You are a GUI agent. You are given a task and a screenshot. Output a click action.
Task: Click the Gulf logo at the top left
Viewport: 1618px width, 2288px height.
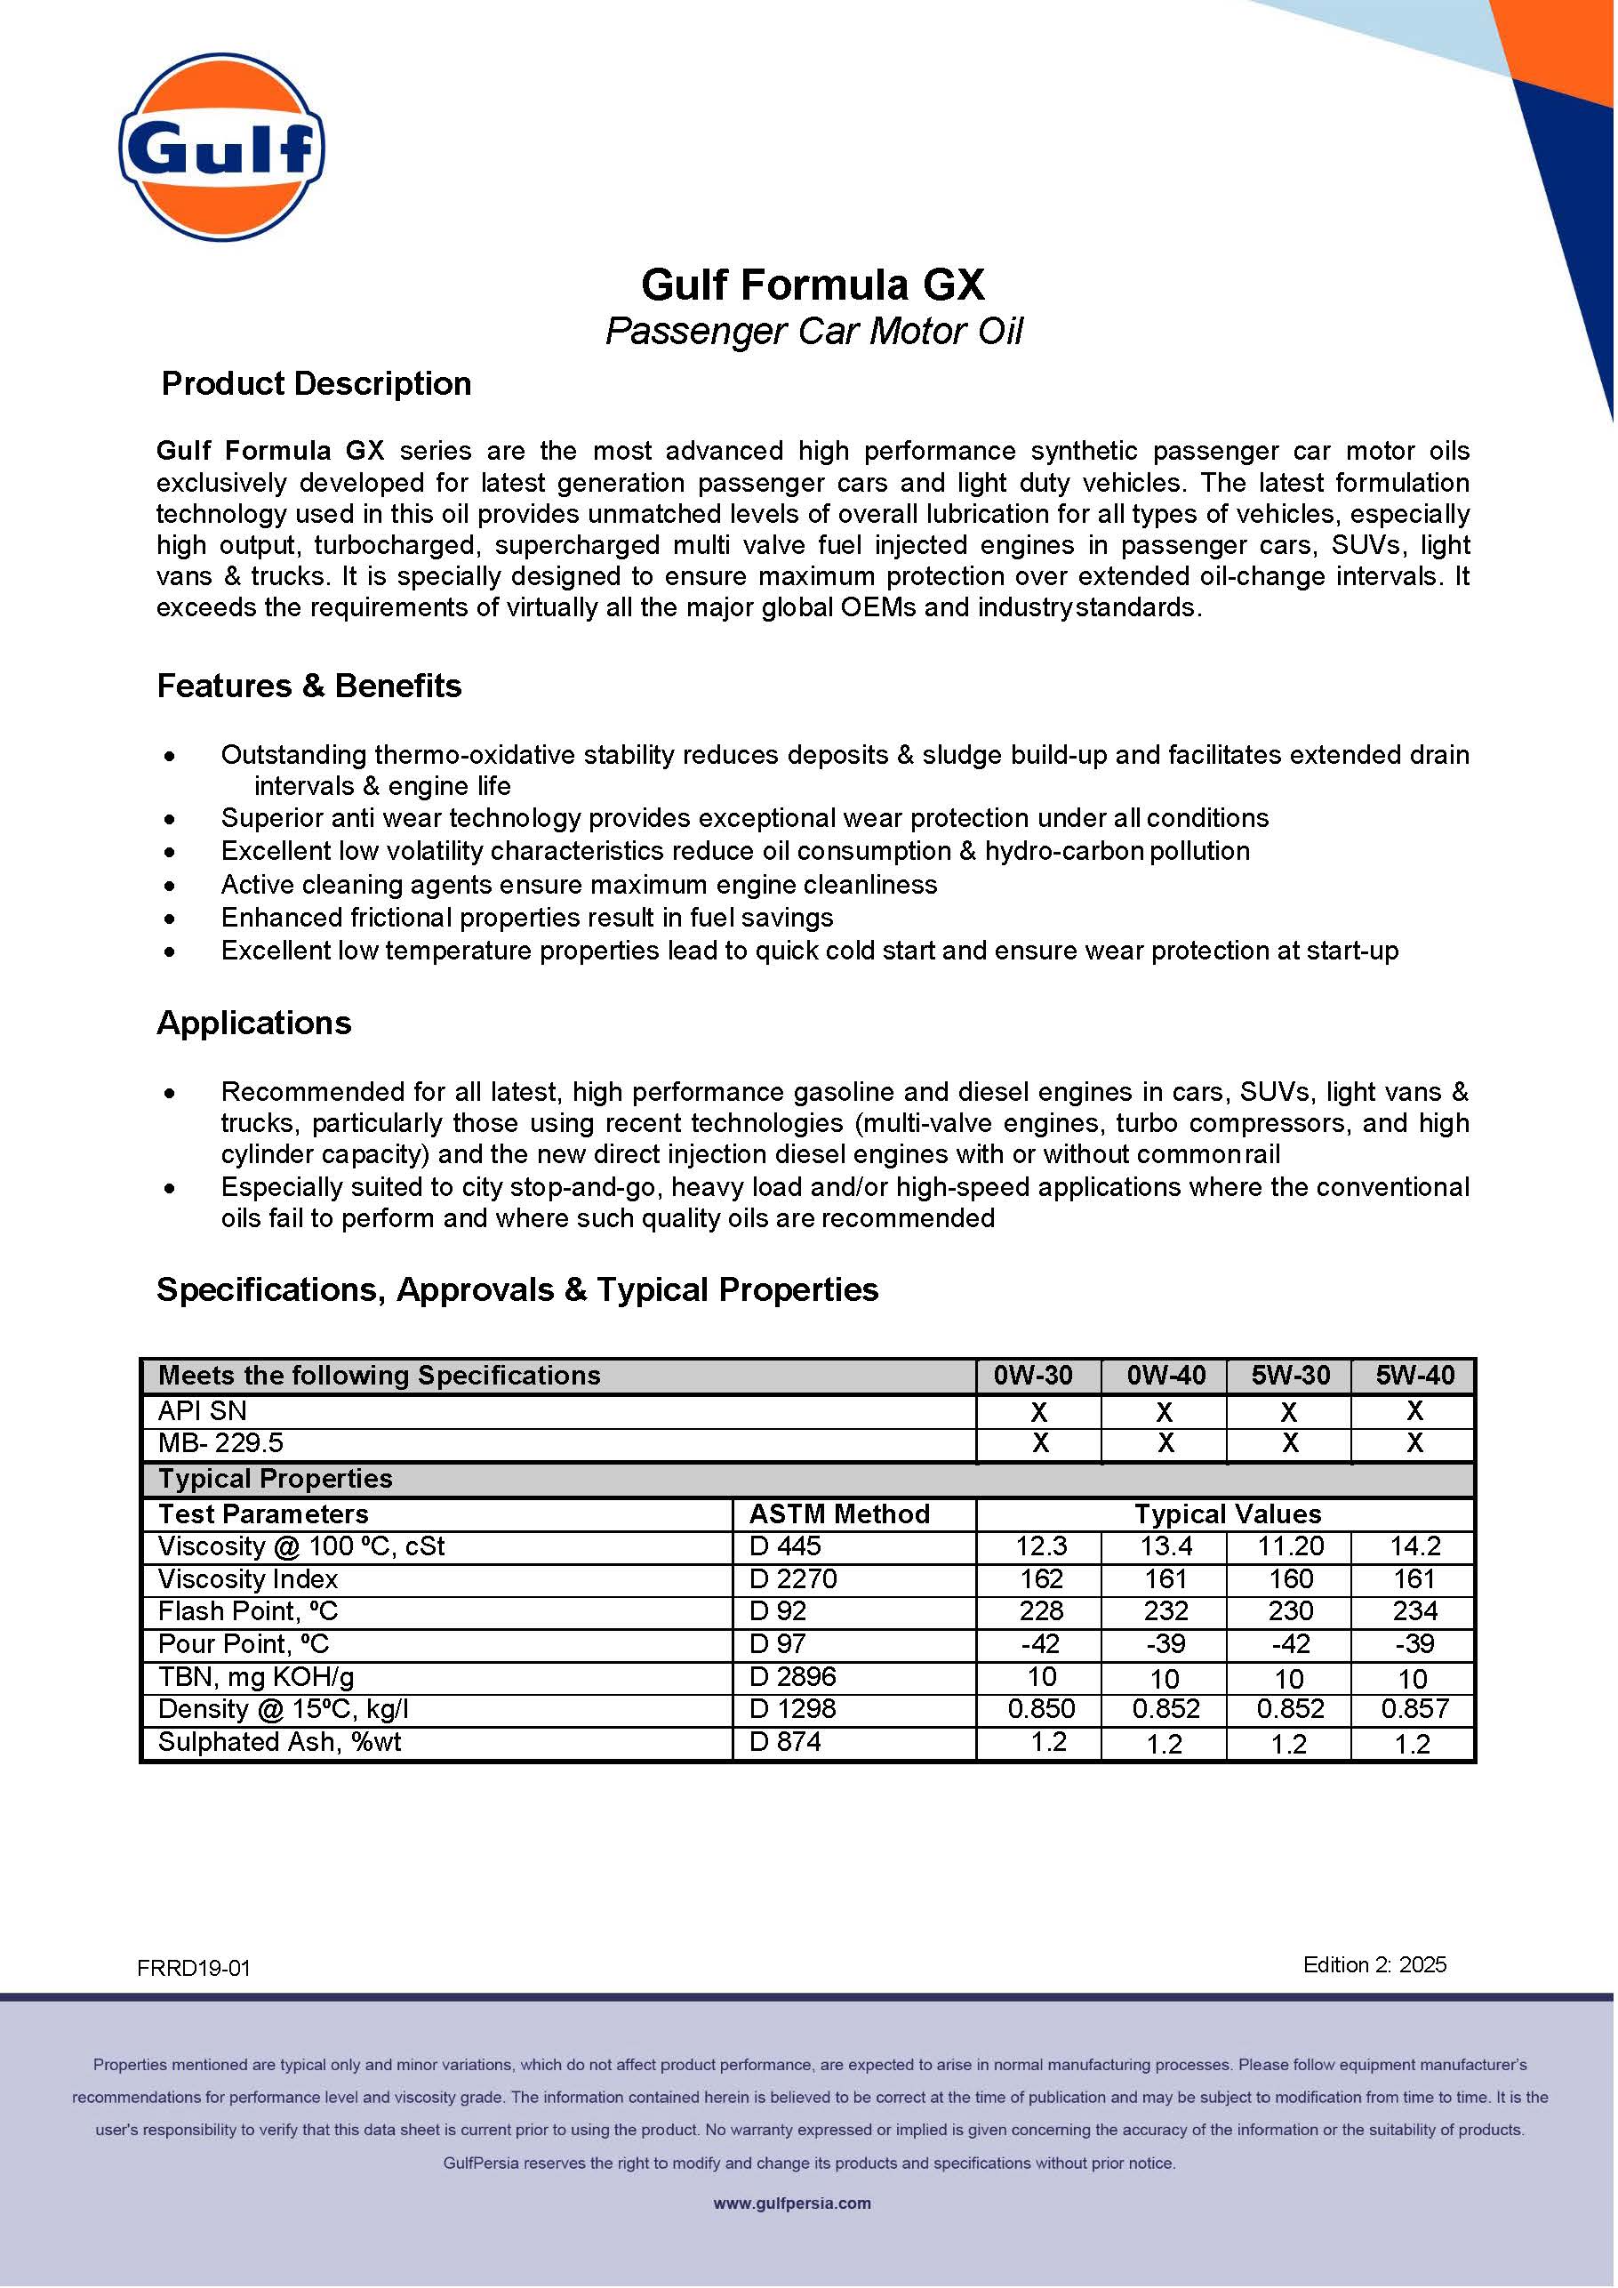[222, 147]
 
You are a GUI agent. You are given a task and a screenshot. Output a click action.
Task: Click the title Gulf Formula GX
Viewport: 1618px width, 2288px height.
[812, 285]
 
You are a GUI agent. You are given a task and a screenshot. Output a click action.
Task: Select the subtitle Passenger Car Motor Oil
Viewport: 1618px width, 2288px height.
[813, 331]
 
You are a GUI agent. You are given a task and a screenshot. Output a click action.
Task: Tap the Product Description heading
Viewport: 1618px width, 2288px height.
[316, 383]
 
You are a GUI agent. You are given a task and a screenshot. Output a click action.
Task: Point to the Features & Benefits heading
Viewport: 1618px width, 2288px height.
[308, 686]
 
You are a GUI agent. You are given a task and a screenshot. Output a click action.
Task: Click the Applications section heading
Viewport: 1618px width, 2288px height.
[254, 1023]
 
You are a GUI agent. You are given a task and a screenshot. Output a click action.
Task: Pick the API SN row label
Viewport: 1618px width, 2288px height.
[203, 1410]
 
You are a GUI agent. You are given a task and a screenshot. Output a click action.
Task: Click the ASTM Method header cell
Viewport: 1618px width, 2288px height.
[839, 1513]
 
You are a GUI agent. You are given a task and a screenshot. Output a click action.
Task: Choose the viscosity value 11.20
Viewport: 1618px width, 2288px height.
[1290, 1546]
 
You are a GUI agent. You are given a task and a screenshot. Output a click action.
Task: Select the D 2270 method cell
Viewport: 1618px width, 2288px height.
[793, 1578]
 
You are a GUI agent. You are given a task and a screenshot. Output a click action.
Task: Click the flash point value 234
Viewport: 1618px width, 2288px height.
[1414, 1611]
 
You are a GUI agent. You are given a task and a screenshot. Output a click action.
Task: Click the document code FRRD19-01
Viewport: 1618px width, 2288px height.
[195, 1968]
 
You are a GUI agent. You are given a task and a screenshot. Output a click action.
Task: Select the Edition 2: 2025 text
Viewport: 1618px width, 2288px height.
[1374, 1964]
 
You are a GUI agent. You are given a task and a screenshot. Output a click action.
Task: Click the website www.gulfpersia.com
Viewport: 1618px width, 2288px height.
[792, 2204]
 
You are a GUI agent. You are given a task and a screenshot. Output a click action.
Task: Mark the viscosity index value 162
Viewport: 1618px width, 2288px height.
[1041, 1578]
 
